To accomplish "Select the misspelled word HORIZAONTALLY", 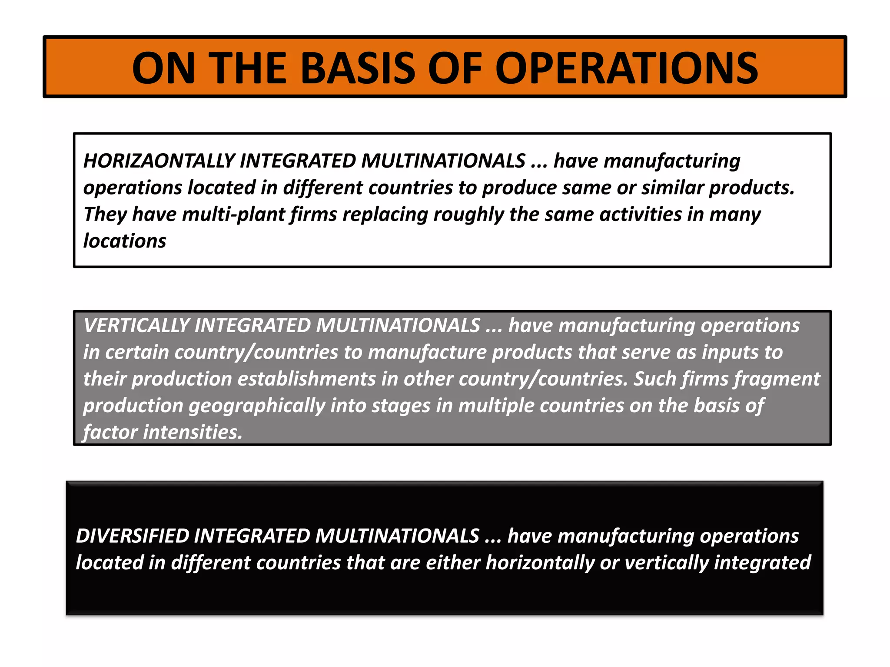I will [x=159, y=161].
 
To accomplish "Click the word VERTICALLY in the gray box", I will [x=136, y=326].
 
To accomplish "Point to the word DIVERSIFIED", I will [x=132, y=536].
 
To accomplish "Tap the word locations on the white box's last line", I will [x=125, y=241].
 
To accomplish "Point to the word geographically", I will [x=257, y=406].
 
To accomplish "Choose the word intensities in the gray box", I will [x=193, y=433].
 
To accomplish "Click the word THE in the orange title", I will [x=249, y=68].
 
